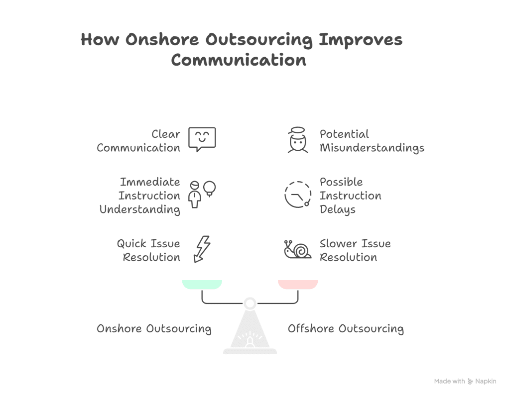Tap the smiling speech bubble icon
pyautogui.click(x=202, y=139)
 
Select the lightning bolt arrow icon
pyautogui.click(x=202, y=248)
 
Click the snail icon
pyautogui.click(x=297, y=249)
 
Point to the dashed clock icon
pyautogui.click(x=297, y=194)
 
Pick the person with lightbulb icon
pyautogui.click(x=202, y=193)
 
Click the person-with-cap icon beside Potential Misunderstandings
pyautogui.click(x=297, y=140)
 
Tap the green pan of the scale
pyautogui.click(x=202, y=284)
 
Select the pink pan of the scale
pyautogui.click(x=297, y=284)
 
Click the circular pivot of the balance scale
pyautogui.click(x=250, y=302)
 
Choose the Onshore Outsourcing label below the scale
pyautogui.click(x=154, y=329)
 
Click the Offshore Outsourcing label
pyautogui.click(x=346, y=329)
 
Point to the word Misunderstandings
pyautogui.click(x=372, y=148)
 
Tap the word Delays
pyautogui.click(x=337, y=209)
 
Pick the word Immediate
pyautogui.click(x=150, y=182)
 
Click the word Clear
pyautogui.click(x=166, y=134)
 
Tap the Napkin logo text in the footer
pyautogui.click(x=486, y=382)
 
